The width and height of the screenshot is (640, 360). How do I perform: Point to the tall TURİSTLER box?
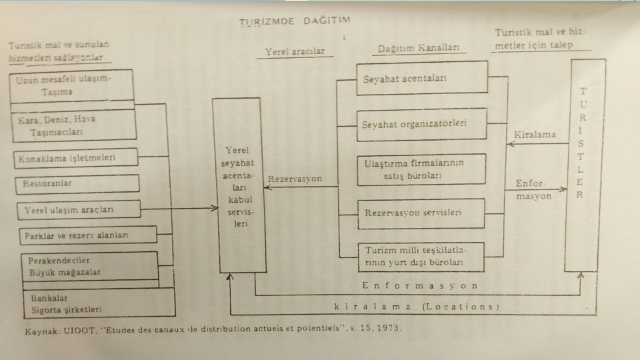click(x=585, y=165)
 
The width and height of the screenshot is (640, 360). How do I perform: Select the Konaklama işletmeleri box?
click(x=75, y=159)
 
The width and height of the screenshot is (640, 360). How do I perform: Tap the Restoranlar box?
click(x=75, y=183)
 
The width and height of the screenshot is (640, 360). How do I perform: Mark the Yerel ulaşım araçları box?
click(x=75, y=209)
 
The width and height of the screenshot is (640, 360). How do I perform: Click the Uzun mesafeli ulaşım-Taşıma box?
click(x=73, y=85)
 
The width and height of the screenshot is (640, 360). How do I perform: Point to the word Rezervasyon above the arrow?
click(x=295, y=179)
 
